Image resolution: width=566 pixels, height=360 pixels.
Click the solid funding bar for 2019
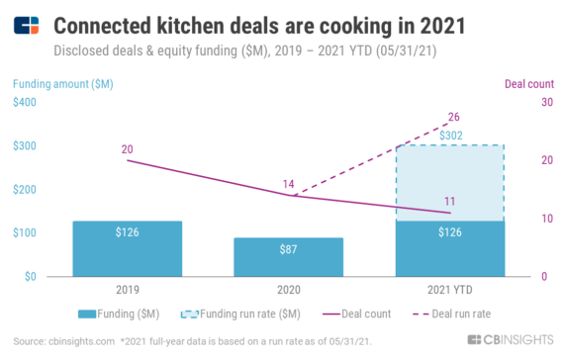(126, 248)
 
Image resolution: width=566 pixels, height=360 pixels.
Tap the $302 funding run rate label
(451, 135)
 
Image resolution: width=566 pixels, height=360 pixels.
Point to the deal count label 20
(127, 148)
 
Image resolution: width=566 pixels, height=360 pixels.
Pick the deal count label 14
(288, 184)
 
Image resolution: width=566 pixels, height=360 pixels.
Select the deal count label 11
(449, 201)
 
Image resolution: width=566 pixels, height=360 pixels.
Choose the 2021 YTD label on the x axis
(449, 291)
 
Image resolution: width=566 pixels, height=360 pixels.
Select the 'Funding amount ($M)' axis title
(58, 83)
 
